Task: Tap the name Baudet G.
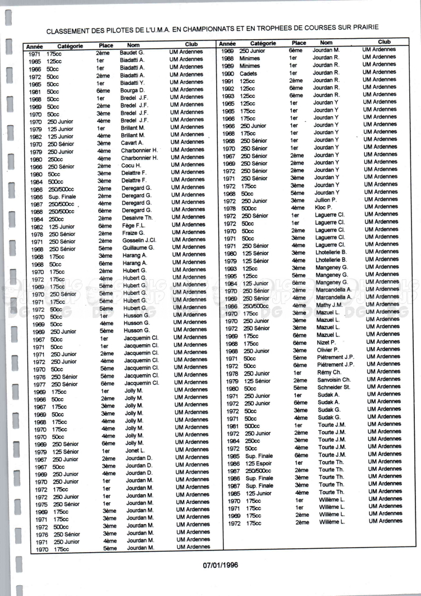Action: [x=132, y=52]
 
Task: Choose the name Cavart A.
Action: [x=133, y=142]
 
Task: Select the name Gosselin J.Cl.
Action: [x=139, y=240]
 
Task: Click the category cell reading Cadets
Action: [x=248, y=73]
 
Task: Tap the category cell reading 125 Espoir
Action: [x=259, y=463]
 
